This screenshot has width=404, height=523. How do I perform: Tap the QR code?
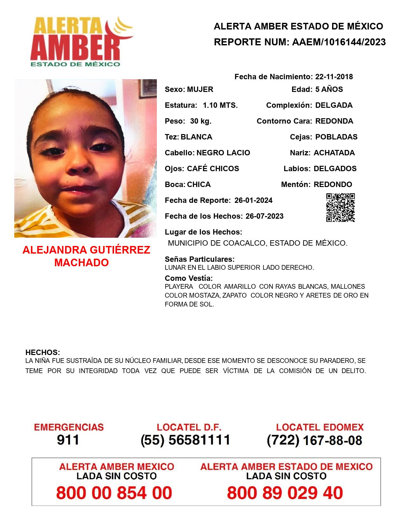pos(340,208)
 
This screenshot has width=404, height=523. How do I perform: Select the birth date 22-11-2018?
pos(334,77)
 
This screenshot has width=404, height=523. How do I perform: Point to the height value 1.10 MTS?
pos(220,105)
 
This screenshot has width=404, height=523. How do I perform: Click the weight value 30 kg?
pos(201,121)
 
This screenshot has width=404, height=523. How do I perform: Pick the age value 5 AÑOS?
pos(329,89)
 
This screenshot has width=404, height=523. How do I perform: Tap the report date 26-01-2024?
pos(253,200)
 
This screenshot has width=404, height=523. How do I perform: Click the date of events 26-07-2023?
pos(264,216)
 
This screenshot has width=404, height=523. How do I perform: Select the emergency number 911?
pos(68,440)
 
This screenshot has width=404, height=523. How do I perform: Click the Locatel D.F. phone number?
pos(185,440)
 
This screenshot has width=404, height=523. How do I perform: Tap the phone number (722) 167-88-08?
pos(314,440)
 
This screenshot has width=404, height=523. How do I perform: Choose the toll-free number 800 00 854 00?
pos(114,493)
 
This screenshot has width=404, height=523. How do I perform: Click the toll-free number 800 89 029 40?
pos(285,493)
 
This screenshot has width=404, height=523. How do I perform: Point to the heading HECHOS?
pos(42,352)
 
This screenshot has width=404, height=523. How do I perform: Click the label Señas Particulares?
pos(200,259)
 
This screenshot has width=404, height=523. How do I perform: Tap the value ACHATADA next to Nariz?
pos(334,153)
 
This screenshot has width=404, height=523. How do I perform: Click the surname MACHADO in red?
pos(81,262)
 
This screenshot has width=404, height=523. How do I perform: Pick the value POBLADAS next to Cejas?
pos(336,137)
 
